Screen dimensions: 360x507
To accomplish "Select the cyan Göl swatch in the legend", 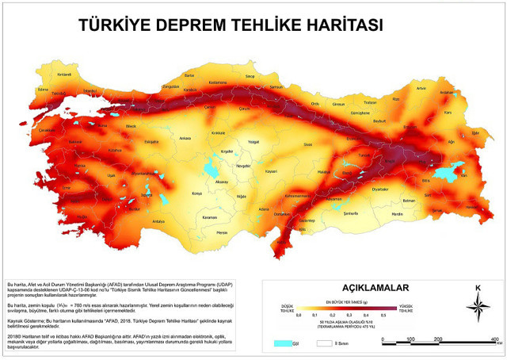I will [280, 343].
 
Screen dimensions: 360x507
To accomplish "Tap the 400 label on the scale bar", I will [494, 339].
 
